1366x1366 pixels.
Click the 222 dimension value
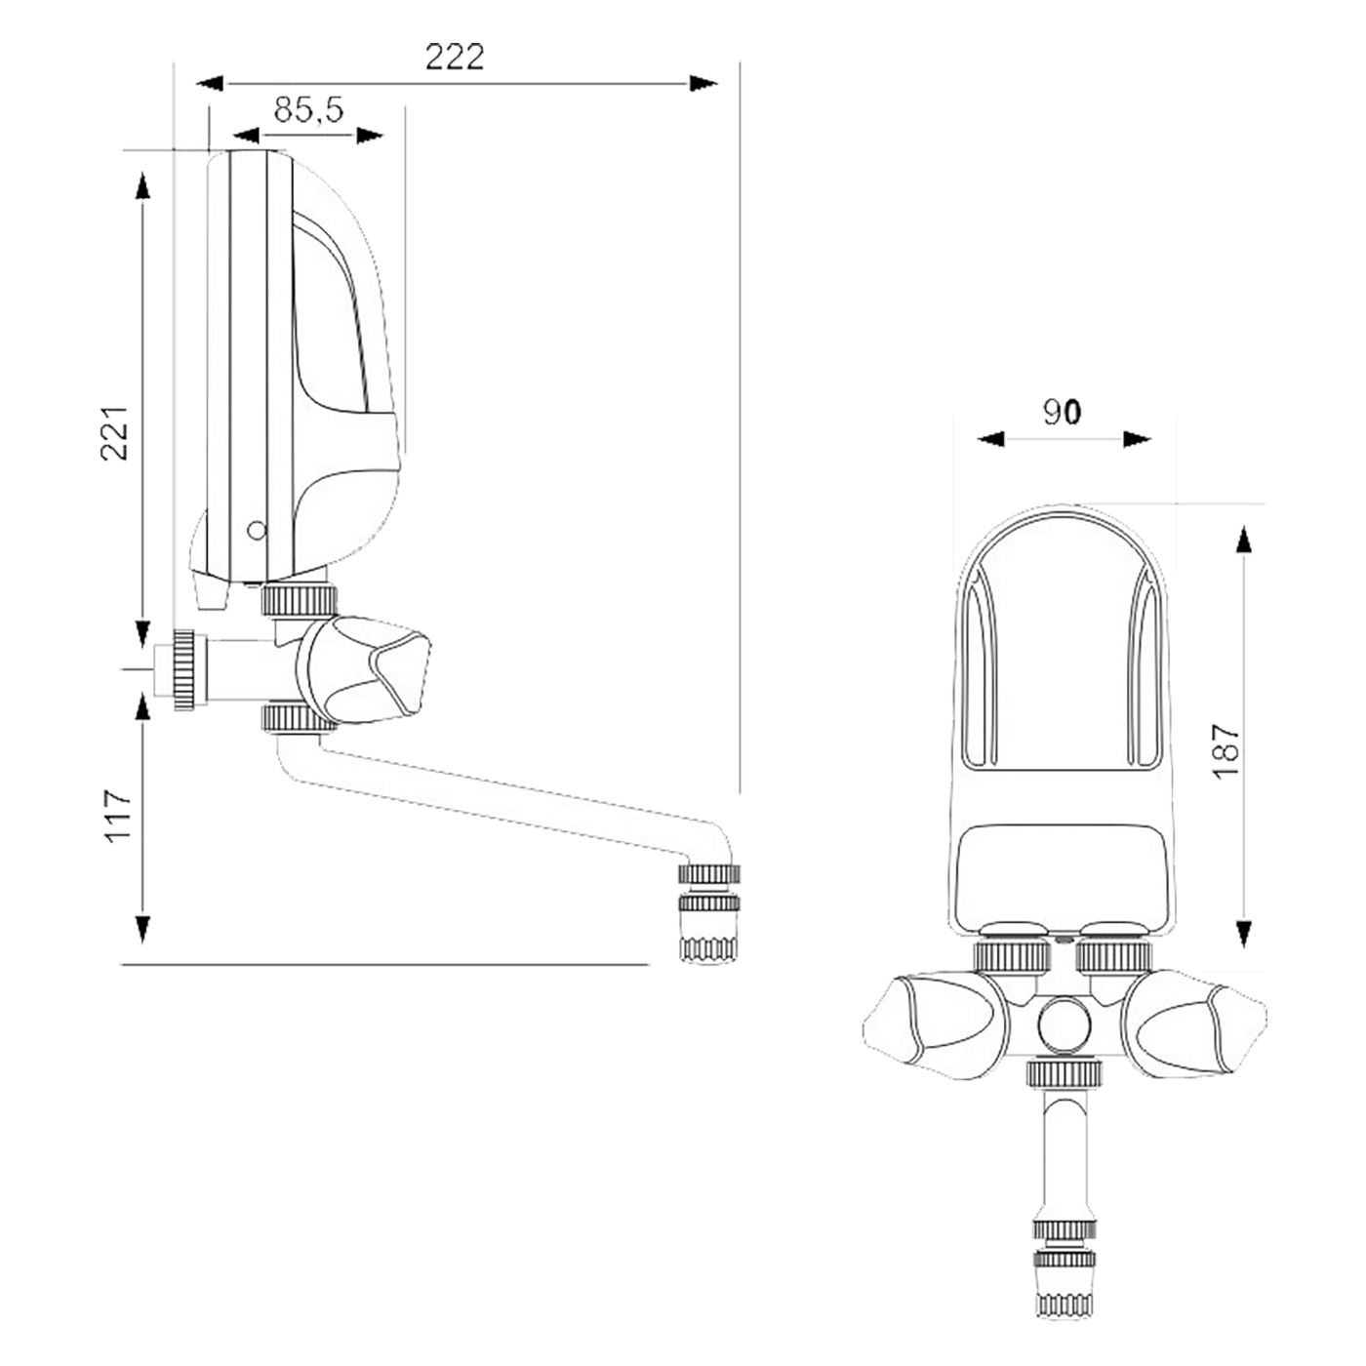455,58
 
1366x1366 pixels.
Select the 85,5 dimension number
308,109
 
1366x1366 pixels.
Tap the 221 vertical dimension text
114,433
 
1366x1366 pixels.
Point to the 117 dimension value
118,815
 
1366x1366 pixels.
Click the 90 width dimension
1062,412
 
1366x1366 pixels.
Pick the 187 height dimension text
1225,751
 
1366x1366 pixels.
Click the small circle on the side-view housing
257,530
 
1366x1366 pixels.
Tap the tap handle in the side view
365,669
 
